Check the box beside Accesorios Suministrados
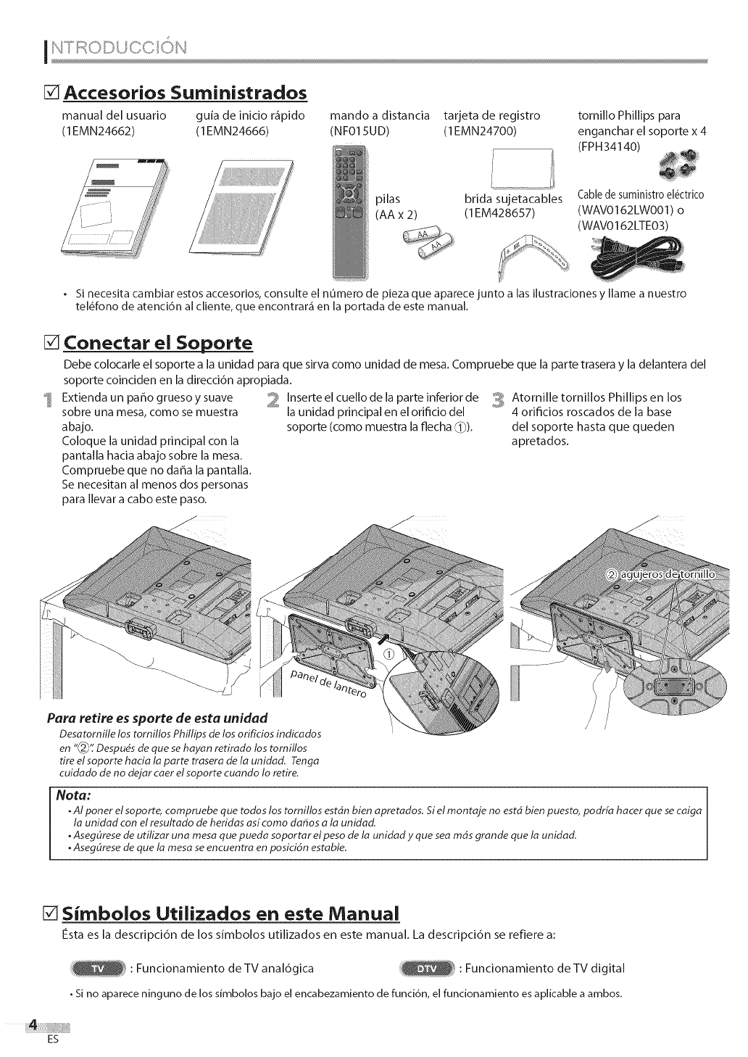(51, 93)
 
